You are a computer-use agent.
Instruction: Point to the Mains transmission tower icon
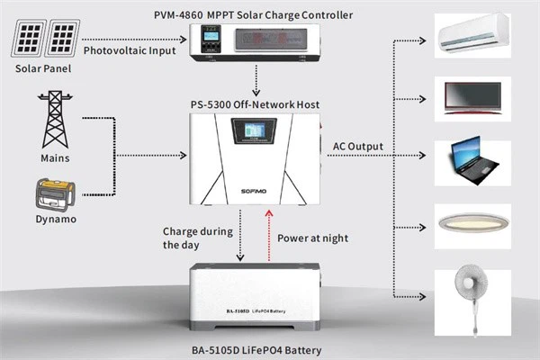[x=56, y=118]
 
